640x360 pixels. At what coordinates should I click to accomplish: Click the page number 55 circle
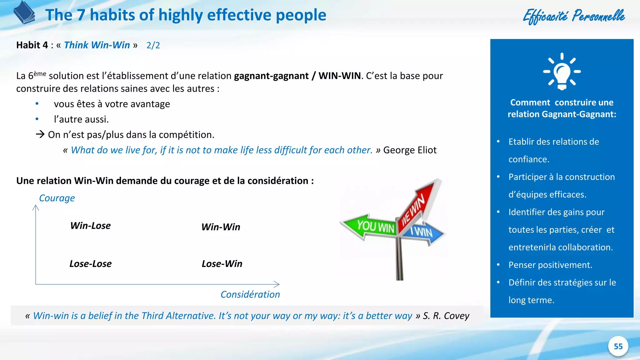pos(618,346)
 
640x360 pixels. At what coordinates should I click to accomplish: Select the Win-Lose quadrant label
pos(90,226)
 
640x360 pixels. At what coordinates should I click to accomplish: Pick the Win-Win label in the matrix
pos(221,227)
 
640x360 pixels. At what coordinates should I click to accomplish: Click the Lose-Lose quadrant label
pos(90,264)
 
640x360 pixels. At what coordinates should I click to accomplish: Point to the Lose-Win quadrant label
pos(222,264)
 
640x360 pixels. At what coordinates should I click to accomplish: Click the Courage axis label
pos(57,198)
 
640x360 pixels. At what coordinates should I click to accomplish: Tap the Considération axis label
pos(250,294)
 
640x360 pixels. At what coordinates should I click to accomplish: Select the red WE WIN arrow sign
pos(417,205)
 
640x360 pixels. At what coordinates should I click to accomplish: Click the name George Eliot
pos(410,150)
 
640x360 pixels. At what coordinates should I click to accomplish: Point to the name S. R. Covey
pos(446,316)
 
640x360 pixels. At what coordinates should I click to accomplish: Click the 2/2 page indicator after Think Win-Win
pos(153,46)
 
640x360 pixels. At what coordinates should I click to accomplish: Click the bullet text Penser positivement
pos(550,265)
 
